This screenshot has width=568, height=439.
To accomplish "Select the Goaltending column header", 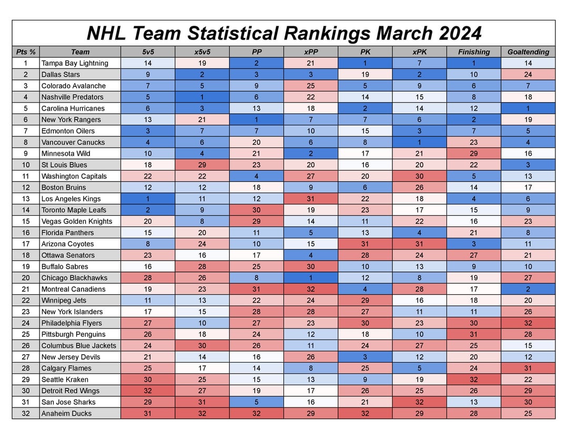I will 528,52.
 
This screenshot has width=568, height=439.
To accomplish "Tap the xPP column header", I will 311,52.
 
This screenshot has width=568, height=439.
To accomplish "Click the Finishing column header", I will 473,52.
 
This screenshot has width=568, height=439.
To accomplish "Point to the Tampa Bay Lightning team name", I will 75,63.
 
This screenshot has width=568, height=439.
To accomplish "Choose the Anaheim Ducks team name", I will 66,413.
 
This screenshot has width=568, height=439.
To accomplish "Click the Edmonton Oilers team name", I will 68,131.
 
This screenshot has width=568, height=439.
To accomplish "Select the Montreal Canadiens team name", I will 73,289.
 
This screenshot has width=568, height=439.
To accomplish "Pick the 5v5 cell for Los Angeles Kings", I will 148,198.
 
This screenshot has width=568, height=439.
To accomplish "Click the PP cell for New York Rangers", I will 257,119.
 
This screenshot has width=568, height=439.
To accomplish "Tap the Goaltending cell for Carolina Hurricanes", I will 528,108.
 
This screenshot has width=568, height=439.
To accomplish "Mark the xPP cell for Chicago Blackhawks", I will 311,277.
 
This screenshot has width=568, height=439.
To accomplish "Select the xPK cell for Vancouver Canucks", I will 419,142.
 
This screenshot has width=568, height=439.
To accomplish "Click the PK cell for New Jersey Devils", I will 365,357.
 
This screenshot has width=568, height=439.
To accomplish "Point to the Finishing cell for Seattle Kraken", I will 473,380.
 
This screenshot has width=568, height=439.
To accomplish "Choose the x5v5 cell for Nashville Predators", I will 202,97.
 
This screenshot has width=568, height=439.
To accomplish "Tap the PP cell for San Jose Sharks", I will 257,402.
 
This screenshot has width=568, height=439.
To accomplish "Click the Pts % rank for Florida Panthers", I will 26,233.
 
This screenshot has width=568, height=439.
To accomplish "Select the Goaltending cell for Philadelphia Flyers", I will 528,323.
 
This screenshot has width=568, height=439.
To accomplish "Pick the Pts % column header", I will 26,52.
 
